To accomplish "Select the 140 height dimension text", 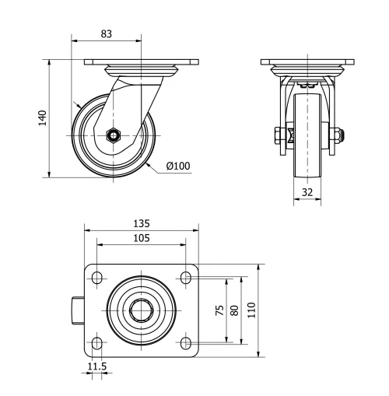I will (x=44, y=117).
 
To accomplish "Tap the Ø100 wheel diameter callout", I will (x=178, y=165).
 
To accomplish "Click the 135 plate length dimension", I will (x=140, y=223).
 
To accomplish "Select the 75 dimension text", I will (x=219, y=309).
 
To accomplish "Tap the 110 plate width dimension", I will (x=251, y=309).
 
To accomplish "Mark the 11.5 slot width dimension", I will (x=96, y=366).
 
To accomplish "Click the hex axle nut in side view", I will (x=114, y=135).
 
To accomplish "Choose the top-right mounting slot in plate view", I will (x=187, y=277).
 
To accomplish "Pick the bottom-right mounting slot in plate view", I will (x=187, y=342).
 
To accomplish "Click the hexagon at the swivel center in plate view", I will (x=142, y=310).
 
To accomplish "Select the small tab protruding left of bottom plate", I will (x=78, y=310).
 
